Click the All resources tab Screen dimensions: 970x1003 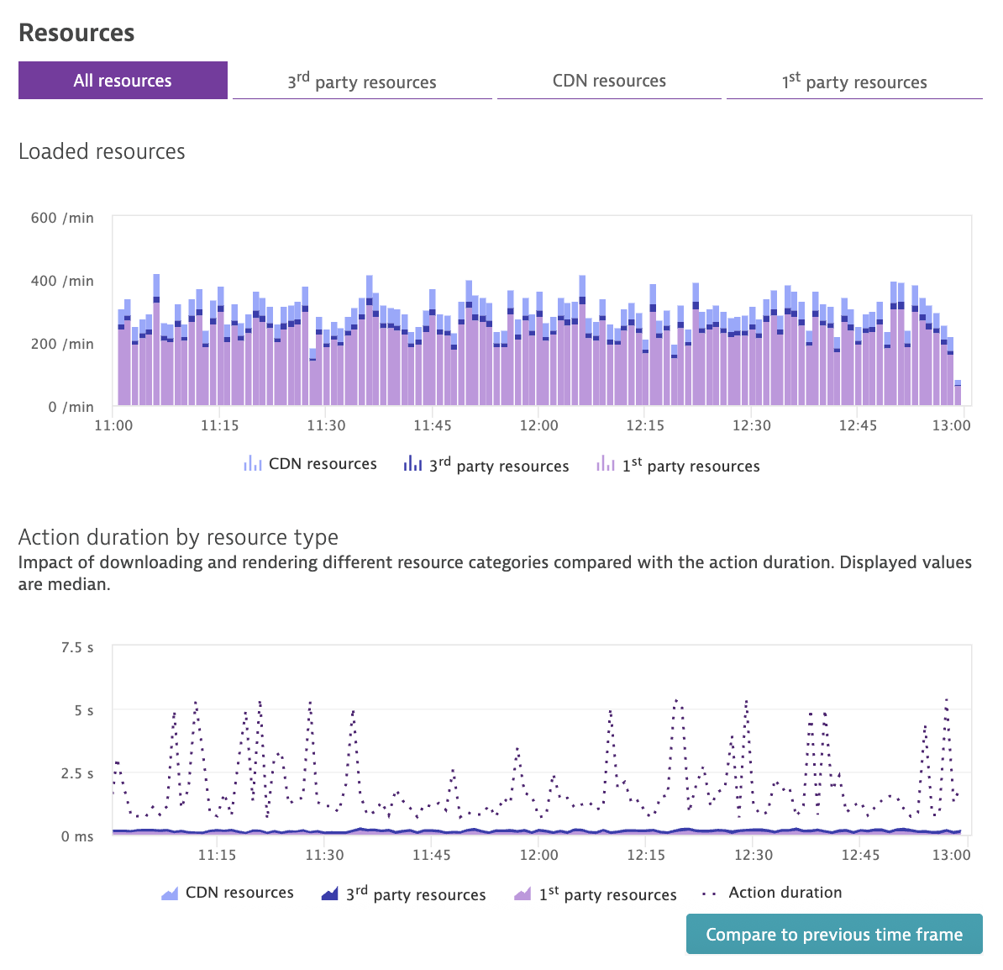pyautogui.click(x=123, y=81)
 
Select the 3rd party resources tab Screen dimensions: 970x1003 pyautogui.click(x=362, y=82)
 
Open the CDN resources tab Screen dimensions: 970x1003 pyautogui.click(x=609, y=81)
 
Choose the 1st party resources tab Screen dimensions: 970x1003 pyautogui.click(x=854, y=82)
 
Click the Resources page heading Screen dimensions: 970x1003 pyautogui.click(x=76, y=33)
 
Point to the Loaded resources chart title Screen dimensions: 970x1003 pyautogui.click(x=102, y=151)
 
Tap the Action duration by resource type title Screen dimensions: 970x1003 pyautogui.click(x=178, y=537)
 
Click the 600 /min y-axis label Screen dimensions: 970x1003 pyautogui.click(x=62, y=218)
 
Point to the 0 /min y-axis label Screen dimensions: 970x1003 pyautogui.click(x=71, y=407)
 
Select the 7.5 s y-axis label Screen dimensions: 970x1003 pyautogui.click(x=77, y=647)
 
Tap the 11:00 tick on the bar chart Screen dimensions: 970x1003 pyautogui.click(x=113, y=425)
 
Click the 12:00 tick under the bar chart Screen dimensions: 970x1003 pyautogui.click(x=538, y=425)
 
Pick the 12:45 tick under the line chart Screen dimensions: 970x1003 pyautogui.click(x=860, y=855)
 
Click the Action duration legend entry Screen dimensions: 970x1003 pyautogui.click(x=785, y=893)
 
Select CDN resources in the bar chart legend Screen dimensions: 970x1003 pyautogui.click(x=322, y=464)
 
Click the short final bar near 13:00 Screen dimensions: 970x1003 pyautogui.click(x=958, y=394)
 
